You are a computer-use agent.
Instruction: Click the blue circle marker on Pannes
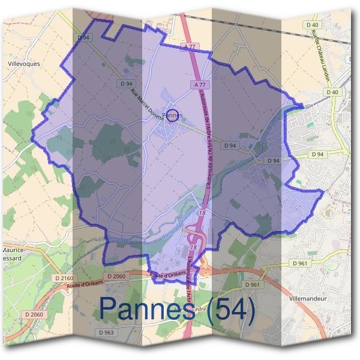tap(172, 115)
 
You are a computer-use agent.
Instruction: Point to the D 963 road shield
tap(105, 332)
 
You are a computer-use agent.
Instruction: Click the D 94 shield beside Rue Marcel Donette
tap(127, 83)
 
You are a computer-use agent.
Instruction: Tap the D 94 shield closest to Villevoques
tap(84, 38)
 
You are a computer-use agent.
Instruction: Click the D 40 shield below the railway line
tap(333, 92)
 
